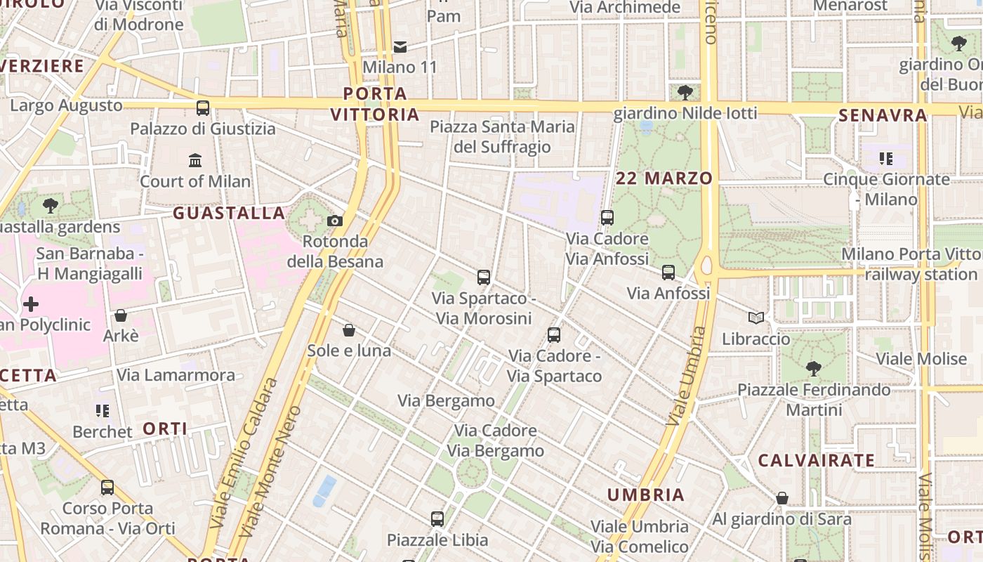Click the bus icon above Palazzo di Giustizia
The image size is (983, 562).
pos(203,108)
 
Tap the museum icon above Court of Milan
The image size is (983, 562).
pos(195,161)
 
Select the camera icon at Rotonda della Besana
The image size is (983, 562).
pos(335,221)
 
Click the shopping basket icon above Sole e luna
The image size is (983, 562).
pos(349,329)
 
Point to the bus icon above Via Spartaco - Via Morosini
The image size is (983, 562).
pos(484,277)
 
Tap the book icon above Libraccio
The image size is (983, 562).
pos(756,318)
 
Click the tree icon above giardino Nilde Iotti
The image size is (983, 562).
pos(685,92)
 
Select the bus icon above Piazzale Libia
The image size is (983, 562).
pos(437,519)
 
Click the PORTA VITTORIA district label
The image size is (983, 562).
pos(375,104)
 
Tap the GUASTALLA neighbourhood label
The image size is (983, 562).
pos(229,213)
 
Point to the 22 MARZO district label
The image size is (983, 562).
pos(664,178)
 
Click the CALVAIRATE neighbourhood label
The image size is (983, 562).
pos(817,461)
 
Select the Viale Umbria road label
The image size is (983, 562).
pos(685,376)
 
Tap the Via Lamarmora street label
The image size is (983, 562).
pos(176,375)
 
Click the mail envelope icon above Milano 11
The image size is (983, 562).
pos(400,47)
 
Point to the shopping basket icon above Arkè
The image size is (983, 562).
pos(121,315)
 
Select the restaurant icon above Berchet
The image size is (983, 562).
pos(103,410)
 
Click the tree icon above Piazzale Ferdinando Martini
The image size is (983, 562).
pos(814,368)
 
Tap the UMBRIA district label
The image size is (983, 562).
pos(646,495)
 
